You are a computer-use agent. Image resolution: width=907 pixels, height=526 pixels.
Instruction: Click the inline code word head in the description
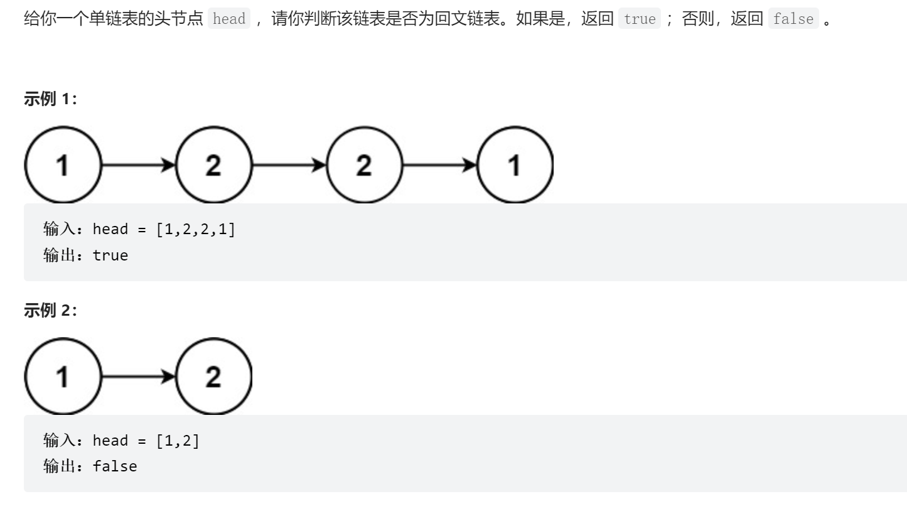(x=229, y=19)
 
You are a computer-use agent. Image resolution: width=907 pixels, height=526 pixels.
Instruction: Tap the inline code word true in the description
(x=640, y=19)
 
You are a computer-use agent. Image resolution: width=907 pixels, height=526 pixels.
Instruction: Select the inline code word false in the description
(x=793, y=19)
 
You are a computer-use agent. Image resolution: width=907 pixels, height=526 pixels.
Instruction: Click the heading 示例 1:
(x=50, y=99)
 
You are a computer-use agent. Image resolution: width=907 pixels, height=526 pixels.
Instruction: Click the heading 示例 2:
(x=50, y=310)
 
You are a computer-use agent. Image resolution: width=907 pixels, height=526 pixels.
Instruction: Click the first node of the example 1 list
(x=62, y=165)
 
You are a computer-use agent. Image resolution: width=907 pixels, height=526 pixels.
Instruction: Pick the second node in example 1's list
(x=213, y=165)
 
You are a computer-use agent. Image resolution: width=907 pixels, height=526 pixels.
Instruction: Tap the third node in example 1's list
(x=364, y=165)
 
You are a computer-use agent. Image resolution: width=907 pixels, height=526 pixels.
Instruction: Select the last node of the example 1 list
(x=515, y=165)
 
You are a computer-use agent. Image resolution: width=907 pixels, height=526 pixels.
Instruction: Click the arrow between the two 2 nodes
(x=289, y=165)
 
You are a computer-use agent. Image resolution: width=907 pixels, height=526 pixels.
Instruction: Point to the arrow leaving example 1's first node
(x=138, y=165)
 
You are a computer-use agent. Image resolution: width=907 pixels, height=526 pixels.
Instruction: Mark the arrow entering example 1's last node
(x=439, y=165)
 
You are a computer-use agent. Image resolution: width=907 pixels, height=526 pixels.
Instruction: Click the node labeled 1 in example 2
(x=62, y=377)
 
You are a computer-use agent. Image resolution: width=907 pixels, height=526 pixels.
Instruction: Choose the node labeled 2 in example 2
(x=213, y=377)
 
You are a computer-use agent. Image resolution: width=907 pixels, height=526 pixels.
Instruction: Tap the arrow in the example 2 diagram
(x=138, y=377)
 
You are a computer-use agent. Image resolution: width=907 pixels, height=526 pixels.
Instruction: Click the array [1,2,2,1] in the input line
(x=195, y=229)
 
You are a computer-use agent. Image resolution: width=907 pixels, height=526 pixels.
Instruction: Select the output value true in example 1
(x=110, y=255)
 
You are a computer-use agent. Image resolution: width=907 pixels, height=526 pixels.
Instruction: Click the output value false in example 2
(x=115, y=466)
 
